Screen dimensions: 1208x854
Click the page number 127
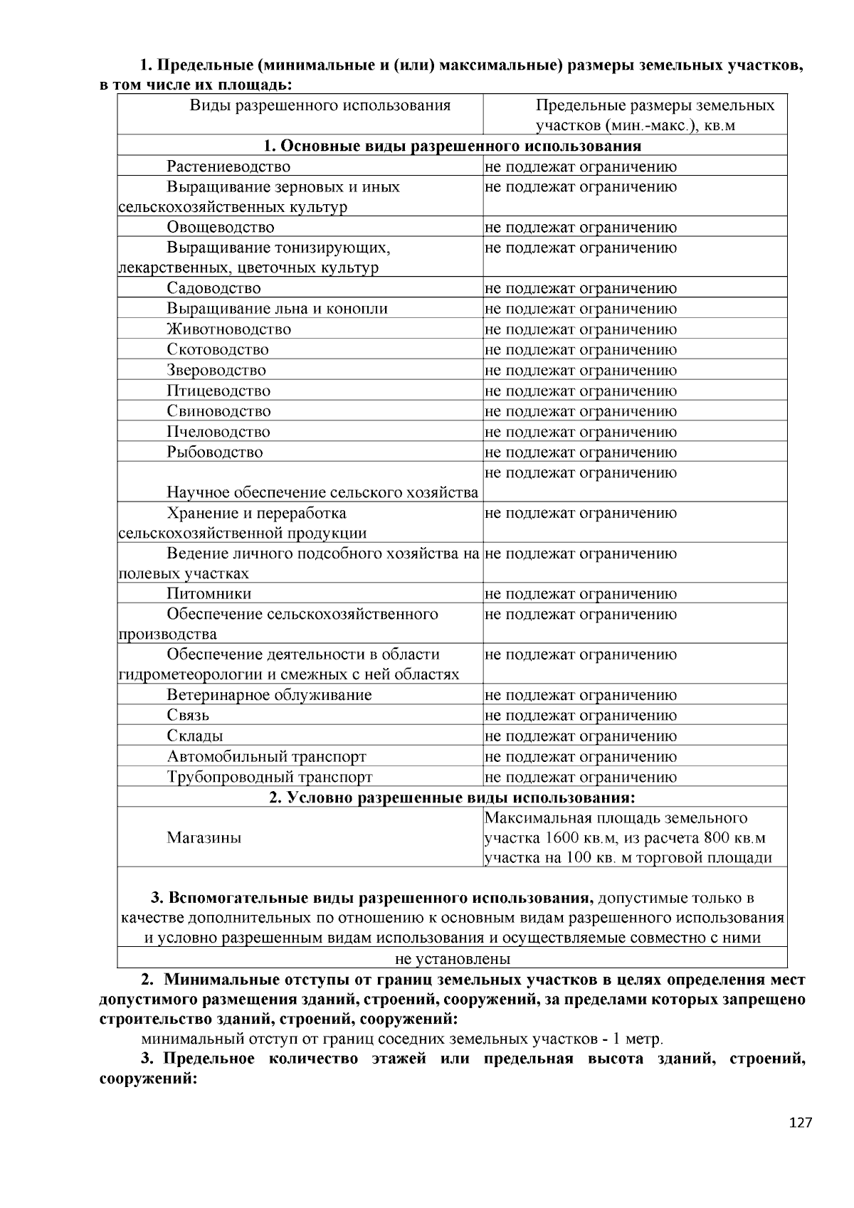[801, 1123]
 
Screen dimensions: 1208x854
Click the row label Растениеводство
[228, 167]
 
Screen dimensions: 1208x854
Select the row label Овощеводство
[221, 228]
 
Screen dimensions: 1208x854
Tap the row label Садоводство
[213, 289]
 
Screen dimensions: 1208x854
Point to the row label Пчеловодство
[218, 432]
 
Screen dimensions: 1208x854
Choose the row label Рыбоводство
[215, 452]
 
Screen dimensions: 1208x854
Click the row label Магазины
[204, 838]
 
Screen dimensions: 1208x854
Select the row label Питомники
[209, 594]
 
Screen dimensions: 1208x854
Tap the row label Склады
[195, 736]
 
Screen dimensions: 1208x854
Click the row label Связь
[188, 716]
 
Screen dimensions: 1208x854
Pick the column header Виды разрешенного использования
[320, 106]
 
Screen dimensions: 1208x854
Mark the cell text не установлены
[453, 959]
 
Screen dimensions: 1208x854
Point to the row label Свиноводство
[219, 411]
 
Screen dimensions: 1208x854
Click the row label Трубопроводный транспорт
[270, 778]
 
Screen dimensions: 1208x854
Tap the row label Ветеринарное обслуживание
[269, 696]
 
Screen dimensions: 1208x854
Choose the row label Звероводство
[216, 371]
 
